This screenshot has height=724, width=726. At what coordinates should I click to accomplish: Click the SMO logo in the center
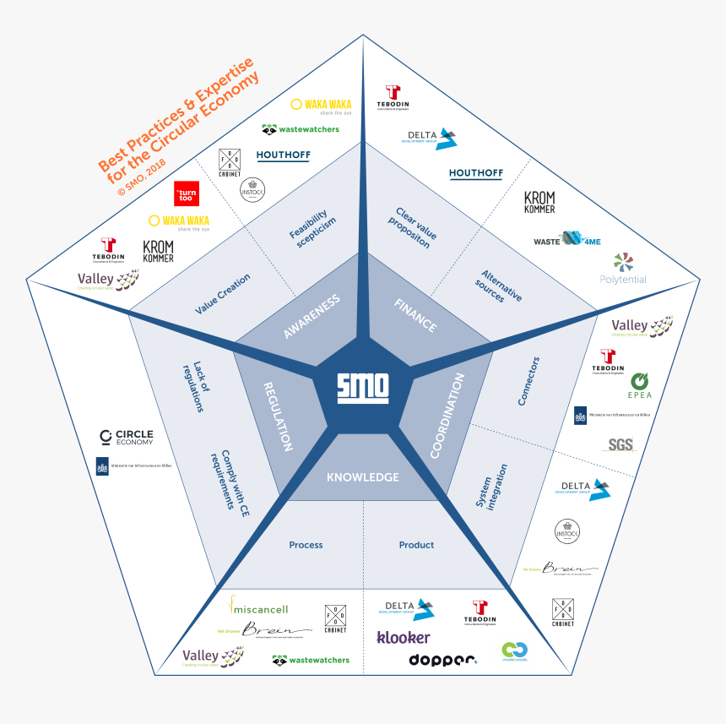pos(363,386)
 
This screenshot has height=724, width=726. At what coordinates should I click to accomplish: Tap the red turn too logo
pos(186,193)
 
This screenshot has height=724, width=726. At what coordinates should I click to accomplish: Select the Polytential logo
pos(623,269)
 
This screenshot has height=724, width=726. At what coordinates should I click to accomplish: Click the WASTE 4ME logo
pos(567,241)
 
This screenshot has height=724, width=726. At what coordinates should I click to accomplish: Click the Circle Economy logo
pos(127,437)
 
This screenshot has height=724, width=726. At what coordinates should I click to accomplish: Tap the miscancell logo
pos(260,607)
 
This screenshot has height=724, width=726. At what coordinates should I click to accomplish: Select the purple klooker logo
pos(404,637)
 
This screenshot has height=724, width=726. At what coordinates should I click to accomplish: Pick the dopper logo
pos(443,660)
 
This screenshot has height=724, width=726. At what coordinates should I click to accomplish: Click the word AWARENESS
pos(312,316)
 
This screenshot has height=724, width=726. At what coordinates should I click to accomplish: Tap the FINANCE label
pos(415,315)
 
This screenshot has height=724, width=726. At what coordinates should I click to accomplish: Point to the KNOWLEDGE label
pos(363,477)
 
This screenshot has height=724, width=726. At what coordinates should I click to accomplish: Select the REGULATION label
pos(279,414)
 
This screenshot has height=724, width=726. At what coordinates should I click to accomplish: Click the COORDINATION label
pos(448,416)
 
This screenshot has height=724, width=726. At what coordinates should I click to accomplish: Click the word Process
pos(306,545)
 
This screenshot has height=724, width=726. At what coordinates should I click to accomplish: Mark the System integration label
pos(491,487)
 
